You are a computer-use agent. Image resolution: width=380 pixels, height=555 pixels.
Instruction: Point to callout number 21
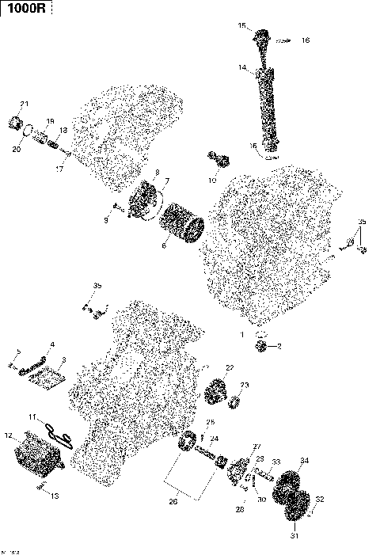[24, 105]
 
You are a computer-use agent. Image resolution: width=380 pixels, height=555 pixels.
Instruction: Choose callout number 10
[211, 181]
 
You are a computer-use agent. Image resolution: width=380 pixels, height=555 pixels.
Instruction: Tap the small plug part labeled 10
[219, 160]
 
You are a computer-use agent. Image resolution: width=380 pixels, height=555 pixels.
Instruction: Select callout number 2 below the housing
[279, 347]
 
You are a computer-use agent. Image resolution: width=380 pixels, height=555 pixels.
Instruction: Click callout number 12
[9, 435]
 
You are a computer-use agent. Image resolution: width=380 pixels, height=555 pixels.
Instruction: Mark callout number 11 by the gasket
[32, 416]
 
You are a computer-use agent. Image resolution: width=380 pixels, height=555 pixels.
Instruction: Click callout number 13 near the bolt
[55, 496]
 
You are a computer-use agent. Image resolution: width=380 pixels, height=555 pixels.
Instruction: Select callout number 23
[245, 385]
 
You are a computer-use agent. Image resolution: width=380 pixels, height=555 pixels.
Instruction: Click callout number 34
[305, 460]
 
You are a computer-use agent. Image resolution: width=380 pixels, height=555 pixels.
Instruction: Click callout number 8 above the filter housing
[157, 172]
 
